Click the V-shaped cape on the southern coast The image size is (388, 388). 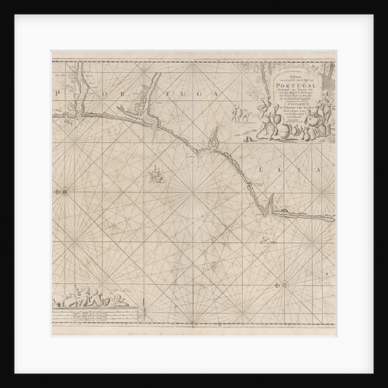click(x=269, y=205)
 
